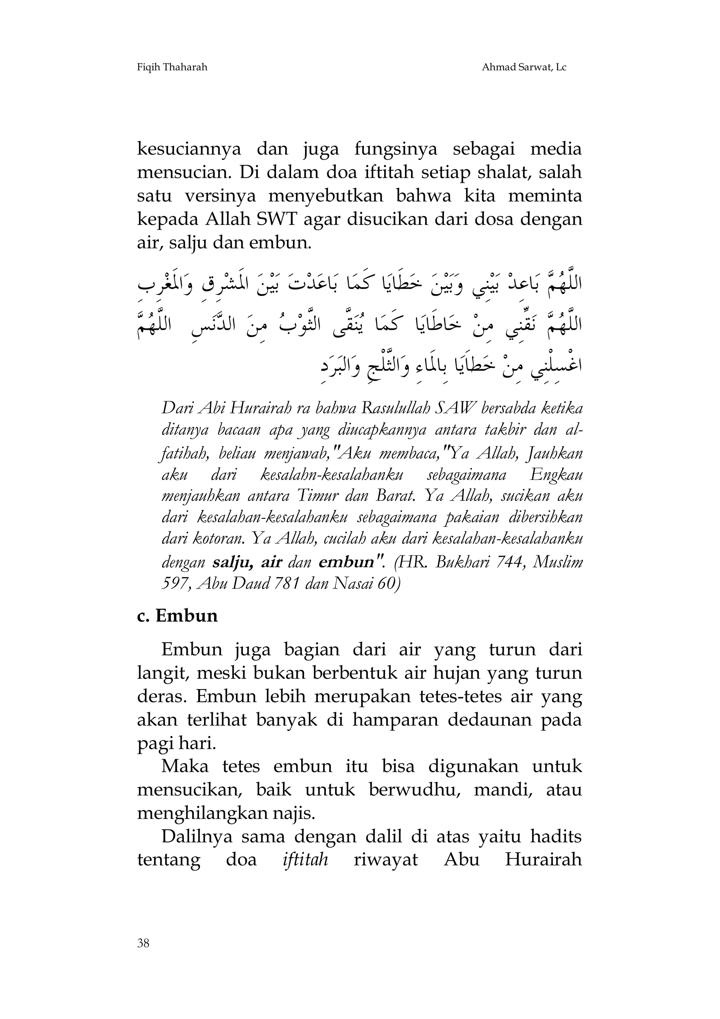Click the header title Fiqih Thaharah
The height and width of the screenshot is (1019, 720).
point(172,67)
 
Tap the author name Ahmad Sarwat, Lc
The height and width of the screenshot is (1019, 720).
point(524,67)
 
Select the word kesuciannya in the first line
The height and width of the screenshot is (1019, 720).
point(189,150)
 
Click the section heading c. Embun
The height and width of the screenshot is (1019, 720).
point(177,616)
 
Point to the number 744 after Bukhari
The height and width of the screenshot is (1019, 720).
point(507,563)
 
